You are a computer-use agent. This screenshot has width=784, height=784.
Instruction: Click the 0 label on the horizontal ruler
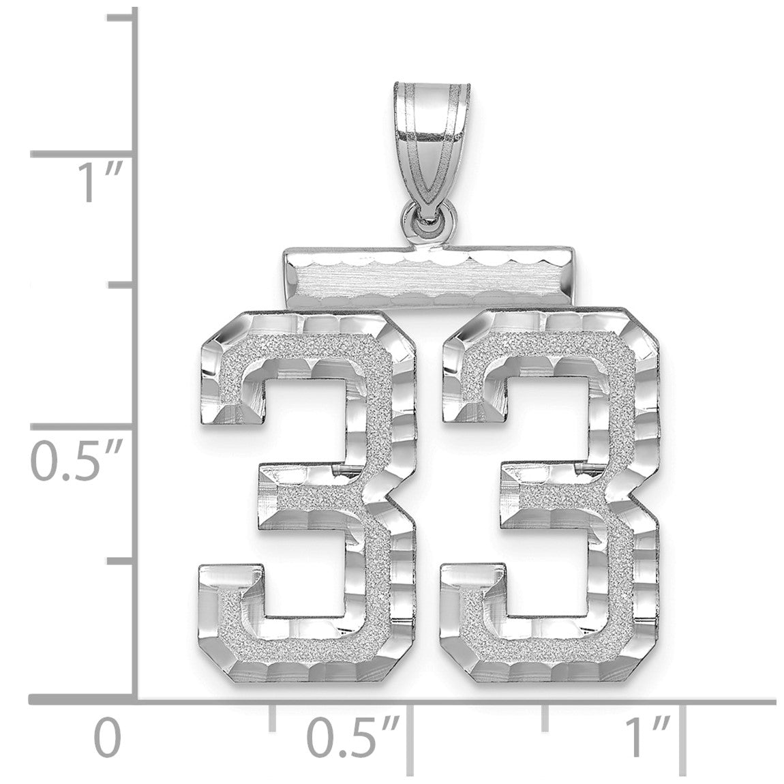[x=108, y=738]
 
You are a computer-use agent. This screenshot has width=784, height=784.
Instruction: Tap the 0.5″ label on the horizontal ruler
[x=354, y=738]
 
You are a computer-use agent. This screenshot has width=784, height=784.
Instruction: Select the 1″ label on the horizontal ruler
[x=648, y=738]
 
